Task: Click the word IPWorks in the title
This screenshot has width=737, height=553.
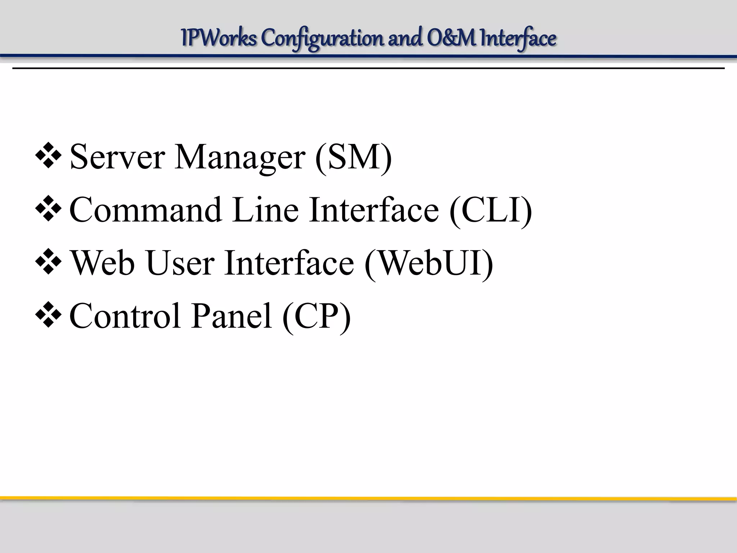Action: point(219,38)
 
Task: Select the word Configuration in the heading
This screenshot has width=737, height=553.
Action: point(322,39)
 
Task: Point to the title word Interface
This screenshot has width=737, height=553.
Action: point(518,39)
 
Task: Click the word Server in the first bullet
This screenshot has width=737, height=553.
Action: point(117,157)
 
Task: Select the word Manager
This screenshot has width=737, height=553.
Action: point(240,158)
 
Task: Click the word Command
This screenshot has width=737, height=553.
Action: point(145,210)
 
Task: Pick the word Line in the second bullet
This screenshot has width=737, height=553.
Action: point(266,210)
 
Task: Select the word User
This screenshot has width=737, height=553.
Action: point(180,263)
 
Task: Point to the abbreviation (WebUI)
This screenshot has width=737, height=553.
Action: point(429,263)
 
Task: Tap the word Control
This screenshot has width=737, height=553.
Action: point(125,316)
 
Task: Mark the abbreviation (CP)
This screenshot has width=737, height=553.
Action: point(316,316)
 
